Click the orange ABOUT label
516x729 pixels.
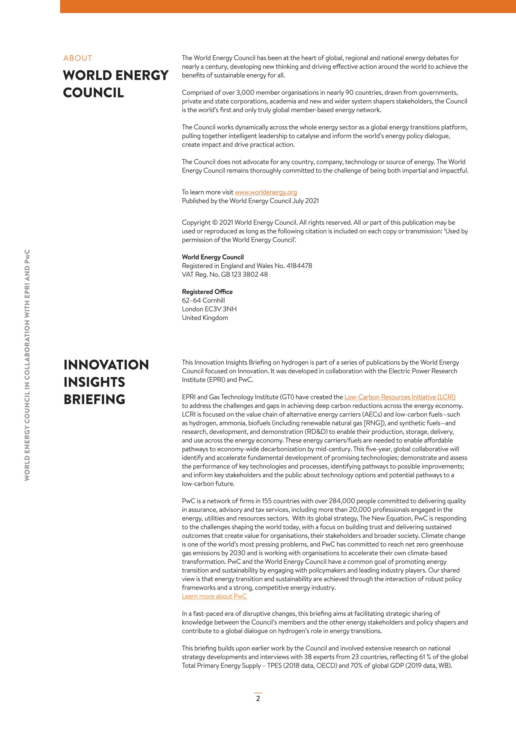click(78, 58)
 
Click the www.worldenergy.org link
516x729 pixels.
click(266, 192)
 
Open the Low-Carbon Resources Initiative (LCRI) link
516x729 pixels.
click(400, 397)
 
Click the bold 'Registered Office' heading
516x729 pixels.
click(207, 292)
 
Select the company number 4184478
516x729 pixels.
click(299, 266)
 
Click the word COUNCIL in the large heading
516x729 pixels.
click(93, 93)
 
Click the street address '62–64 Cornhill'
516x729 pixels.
click(203, 300)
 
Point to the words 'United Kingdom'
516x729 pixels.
click(205, 318)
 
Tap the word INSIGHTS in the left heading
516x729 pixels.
click(94, 382)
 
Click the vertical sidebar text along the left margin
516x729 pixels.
click(27, 365)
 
